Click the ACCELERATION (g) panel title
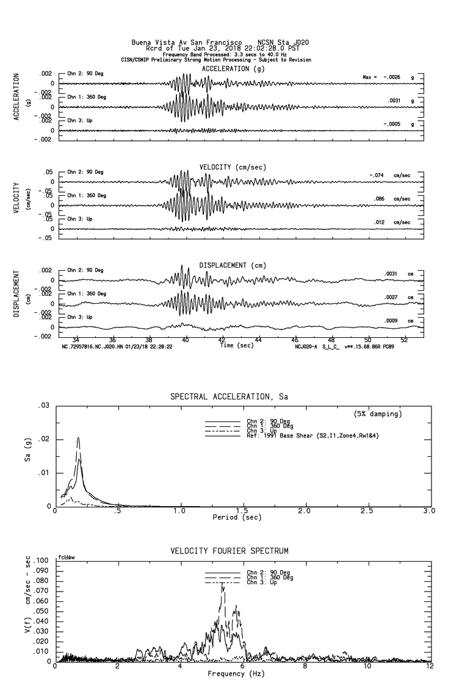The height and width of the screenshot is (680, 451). (234, 69)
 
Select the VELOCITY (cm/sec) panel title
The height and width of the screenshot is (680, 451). (233, 167)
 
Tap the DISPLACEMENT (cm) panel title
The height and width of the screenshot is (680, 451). (233, 265)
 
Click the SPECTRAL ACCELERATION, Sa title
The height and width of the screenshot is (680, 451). (229, 397)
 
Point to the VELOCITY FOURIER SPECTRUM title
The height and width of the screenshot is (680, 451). (229, 551)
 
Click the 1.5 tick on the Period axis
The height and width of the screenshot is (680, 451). (242, 512)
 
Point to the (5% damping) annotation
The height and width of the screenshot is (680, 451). (378, 414)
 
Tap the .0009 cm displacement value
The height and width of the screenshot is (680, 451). (391, 321)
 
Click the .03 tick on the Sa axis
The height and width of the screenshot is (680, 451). (43, 406)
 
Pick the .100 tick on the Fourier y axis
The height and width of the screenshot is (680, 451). (42, 560)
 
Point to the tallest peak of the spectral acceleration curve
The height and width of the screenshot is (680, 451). (78, 438)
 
